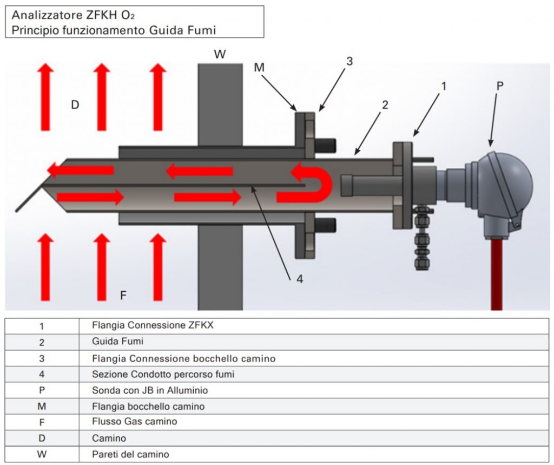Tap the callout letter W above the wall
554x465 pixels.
click(220, 54)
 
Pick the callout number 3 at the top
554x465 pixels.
click(349, 61)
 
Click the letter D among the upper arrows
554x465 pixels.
click(75, 105)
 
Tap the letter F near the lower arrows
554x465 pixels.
click(123, 295)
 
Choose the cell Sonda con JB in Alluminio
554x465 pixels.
click(150, 390)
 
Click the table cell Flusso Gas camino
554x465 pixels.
click(134, 422)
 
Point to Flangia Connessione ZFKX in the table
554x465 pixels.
click(157, 326)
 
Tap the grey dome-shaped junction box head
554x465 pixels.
click(509, 181)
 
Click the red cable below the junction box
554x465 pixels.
click(496, 276)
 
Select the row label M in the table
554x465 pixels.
click(42, 406)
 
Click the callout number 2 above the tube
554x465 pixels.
click(385, 105)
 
